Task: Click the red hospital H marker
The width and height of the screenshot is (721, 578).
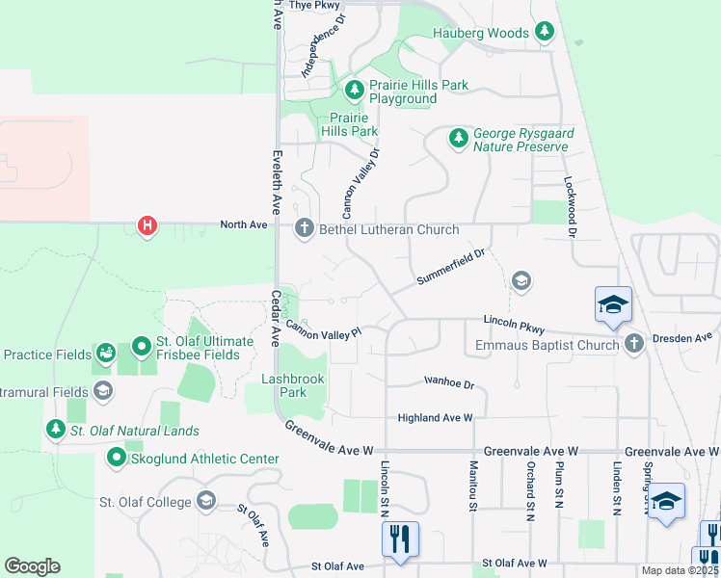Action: [x=147, y=226]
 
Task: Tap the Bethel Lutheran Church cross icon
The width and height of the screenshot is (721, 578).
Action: [x=304, y=228]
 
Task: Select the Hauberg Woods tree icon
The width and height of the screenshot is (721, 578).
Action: [x=545, y=33]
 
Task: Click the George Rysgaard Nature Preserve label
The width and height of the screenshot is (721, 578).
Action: [x=520, y=141]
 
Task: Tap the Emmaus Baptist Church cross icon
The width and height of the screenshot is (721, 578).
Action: [x=633, y=344]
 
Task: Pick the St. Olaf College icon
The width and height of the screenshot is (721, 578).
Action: [x=205, y=501]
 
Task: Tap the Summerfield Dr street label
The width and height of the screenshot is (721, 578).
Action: [x=448, y=267]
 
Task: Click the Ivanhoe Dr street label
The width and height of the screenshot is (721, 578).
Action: [x=449, y=383]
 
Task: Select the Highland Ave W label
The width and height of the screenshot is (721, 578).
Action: [x=436, y=418]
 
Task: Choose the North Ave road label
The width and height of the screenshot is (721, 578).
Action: [x=243, y=225]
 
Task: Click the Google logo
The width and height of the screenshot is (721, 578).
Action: [x=32, y=566]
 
